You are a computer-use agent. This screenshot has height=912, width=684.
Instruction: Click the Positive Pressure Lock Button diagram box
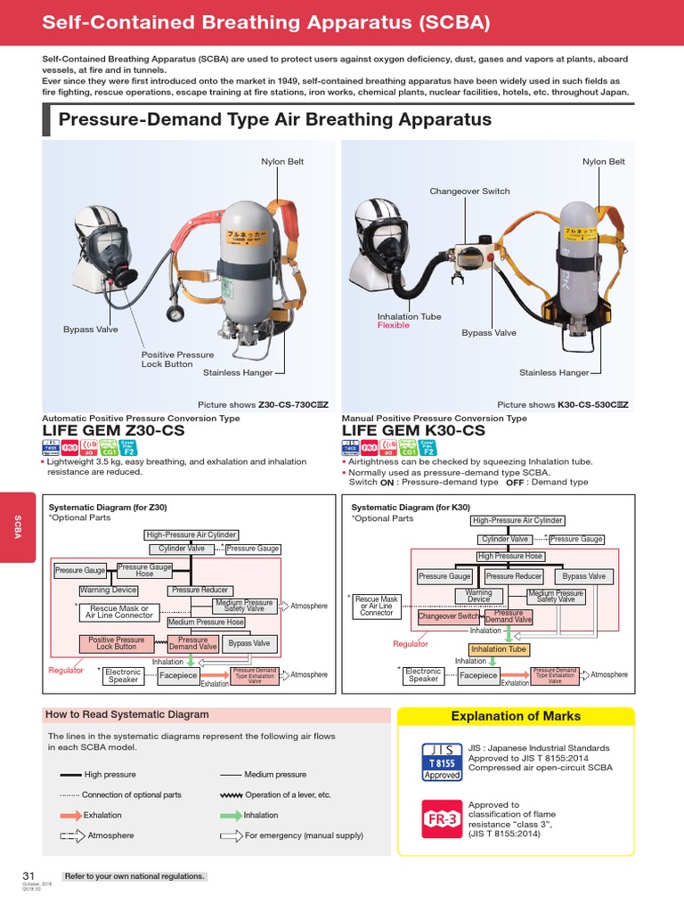[x=116, y=643]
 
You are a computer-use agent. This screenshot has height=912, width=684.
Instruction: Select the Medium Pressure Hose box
[x=206, y=622]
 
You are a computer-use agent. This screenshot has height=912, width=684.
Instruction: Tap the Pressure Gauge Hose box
[x=144, y=570]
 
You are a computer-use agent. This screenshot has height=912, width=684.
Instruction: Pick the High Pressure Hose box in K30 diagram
[x=509, y=556]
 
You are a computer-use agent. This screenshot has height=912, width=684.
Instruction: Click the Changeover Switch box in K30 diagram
[x=449, y=616]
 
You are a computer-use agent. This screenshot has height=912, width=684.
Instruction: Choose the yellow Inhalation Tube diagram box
[x=498, y=649]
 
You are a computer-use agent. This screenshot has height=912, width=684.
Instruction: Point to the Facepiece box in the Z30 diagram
[x=178, y=676]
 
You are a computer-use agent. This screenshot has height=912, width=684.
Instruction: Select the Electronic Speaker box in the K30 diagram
[x=423, y=675]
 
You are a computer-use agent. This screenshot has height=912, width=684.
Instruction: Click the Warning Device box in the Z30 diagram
[x=108, y=590]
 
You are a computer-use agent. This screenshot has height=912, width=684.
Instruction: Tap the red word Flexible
[x=394, y=325]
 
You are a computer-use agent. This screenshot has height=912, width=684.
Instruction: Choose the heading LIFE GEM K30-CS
[x=413, y=430]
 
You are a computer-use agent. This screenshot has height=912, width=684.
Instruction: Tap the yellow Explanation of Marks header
[x=515, y=716]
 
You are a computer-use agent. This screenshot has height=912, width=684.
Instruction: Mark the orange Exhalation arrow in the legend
[x=69, y=815]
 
